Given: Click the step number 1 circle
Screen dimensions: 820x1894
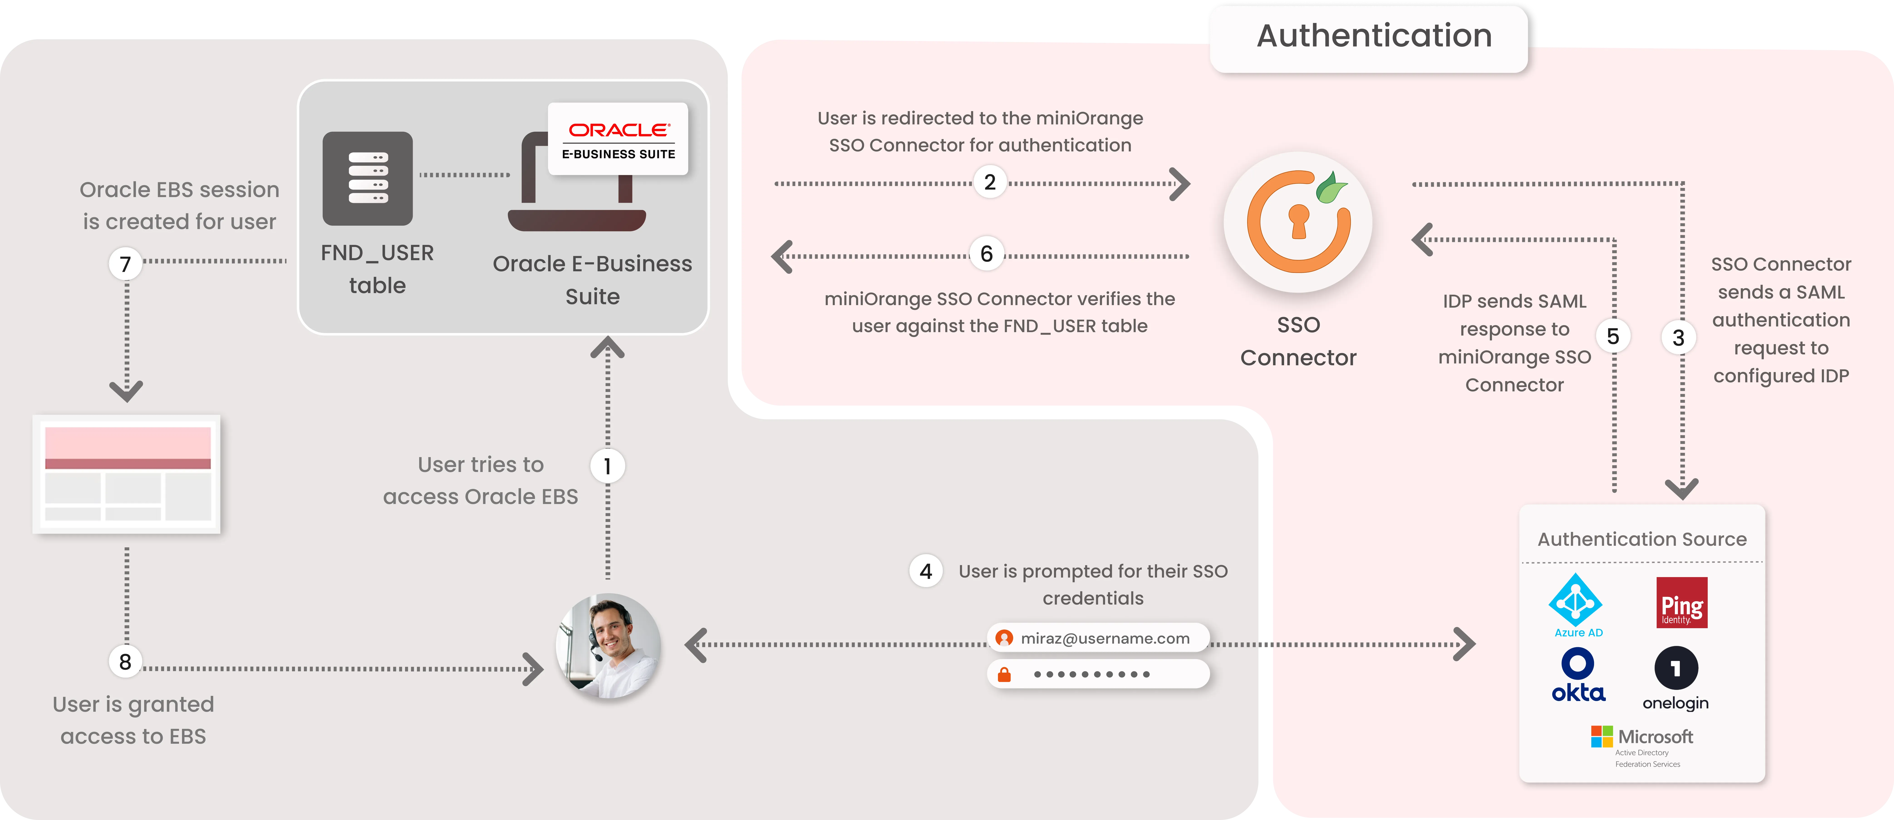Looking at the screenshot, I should click(607, 466).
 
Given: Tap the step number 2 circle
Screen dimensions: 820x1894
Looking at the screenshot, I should click(990, 182).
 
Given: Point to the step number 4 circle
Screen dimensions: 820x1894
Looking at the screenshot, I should click(926, 571).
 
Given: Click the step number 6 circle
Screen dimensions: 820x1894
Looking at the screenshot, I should click(987, 254).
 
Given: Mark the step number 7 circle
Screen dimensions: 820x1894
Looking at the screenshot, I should click(126, 264).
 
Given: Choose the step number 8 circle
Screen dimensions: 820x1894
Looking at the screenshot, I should click(126, 662).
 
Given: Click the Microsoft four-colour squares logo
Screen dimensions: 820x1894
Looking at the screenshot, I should click(1601, 736).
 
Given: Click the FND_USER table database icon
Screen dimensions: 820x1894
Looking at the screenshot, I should click(368, 179).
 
